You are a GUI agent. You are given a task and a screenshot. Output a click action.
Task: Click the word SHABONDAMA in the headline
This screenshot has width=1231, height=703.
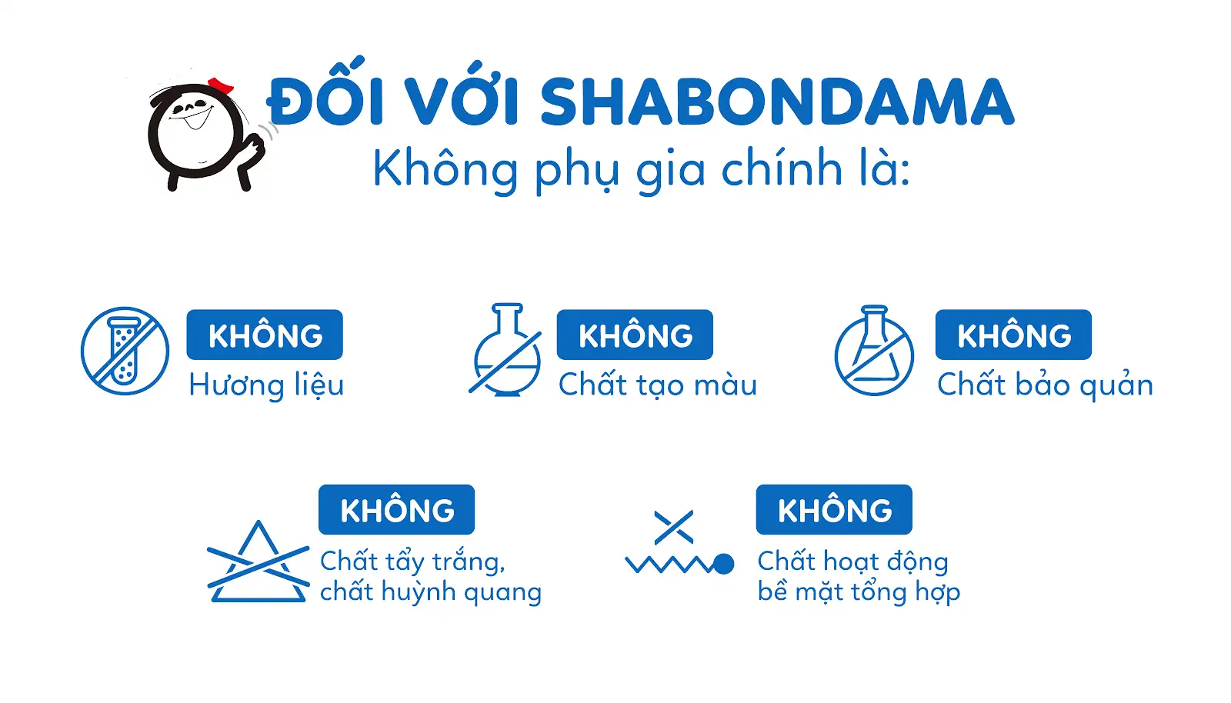coord(777,102)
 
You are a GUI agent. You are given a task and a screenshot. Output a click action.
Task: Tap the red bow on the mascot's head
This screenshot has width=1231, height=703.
coord(221,85)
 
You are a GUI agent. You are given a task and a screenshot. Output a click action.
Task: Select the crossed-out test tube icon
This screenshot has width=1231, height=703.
coord(125,351)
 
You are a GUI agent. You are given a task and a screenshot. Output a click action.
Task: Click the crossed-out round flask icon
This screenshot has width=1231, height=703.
coord(505,349)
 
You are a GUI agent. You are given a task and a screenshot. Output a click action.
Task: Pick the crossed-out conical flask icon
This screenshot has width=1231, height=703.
coord(874,351)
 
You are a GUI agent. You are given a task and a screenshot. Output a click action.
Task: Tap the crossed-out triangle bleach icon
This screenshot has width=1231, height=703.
coord(259,561)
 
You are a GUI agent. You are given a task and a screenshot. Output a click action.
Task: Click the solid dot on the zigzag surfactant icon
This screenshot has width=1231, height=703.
coord(723,564)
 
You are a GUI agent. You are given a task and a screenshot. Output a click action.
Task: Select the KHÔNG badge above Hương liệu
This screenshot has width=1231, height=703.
coord(265,335)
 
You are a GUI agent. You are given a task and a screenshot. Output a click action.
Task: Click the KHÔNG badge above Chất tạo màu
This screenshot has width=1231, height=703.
coord(635,335)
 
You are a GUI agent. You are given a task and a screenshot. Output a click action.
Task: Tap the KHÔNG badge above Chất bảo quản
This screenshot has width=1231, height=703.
coord(1013,335)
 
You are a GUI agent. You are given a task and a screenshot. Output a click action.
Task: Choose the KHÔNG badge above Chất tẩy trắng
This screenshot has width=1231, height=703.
coord(397,509)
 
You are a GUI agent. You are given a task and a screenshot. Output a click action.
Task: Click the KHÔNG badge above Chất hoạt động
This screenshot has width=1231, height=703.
coord(834,509)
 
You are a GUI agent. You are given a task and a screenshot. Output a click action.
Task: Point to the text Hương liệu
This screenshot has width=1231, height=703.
coord(266,385)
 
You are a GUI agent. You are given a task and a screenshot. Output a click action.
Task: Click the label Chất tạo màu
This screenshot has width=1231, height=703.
coord(658,384)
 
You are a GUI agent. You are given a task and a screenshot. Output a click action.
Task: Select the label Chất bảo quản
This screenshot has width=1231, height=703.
coord(1046,384)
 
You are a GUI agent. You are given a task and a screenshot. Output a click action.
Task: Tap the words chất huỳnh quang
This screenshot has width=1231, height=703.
coord(431,591)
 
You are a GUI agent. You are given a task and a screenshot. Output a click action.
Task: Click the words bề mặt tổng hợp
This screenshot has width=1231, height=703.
coord(859,591)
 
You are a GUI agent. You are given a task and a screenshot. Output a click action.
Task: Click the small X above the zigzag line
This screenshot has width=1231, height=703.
coord(674,528)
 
